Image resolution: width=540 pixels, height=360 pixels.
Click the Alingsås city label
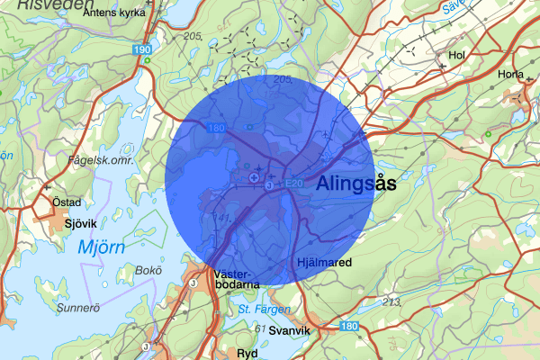356,183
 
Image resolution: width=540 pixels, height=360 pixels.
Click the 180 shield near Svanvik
350,327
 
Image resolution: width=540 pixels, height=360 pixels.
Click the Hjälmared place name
323,263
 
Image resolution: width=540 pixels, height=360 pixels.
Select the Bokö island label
147,270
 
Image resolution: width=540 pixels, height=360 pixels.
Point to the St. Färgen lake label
265,310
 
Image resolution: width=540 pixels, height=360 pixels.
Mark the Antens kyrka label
112,14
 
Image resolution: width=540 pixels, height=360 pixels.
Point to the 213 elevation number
391,301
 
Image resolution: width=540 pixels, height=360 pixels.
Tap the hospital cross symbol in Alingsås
255,179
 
